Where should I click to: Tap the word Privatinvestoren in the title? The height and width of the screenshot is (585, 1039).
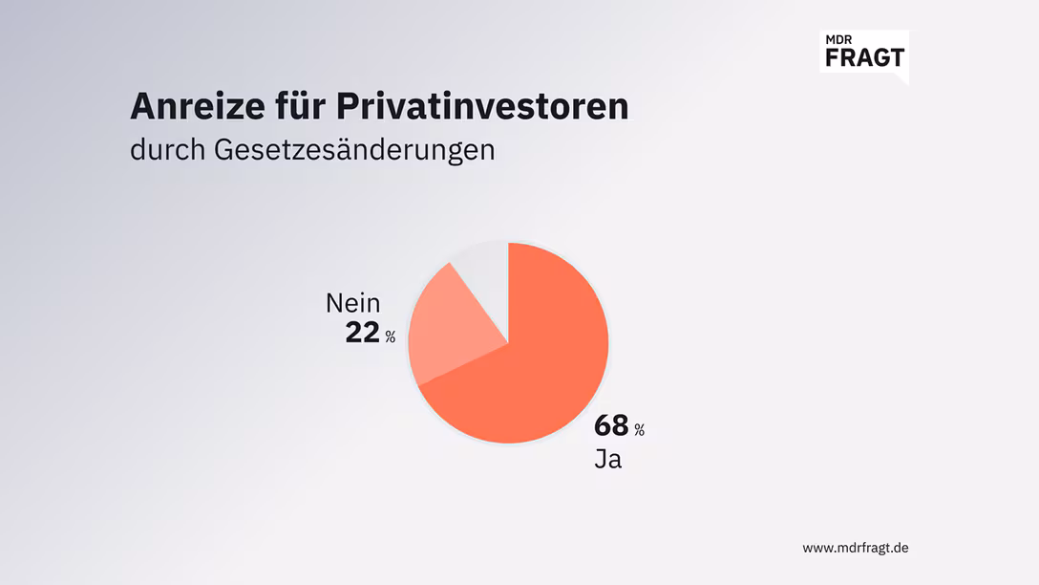(483, 106)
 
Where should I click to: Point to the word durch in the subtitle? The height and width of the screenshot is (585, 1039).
(167, 150)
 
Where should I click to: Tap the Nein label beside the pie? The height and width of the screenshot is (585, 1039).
(353, 304)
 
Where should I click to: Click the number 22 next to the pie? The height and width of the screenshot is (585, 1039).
(363, 333)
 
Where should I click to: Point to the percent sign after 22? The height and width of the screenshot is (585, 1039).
(390, 336)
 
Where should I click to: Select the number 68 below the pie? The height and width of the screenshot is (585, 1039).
(611, 425)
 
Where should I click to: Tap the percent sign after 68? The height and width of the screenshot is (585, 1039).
(639, 429)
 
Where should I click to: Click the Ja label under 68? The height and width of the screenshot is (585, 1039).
(608, 459)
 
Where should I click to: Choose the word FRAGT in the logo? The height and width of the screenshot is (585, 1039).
(863, 57)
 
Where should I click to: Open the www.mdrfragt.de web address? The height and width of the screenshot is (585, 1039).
(855, 548)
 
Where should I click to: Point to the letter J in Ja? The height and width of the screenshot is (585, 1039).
(601, 459)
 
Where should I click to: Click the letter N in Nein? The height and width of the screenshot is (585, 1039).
(334, 304)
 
